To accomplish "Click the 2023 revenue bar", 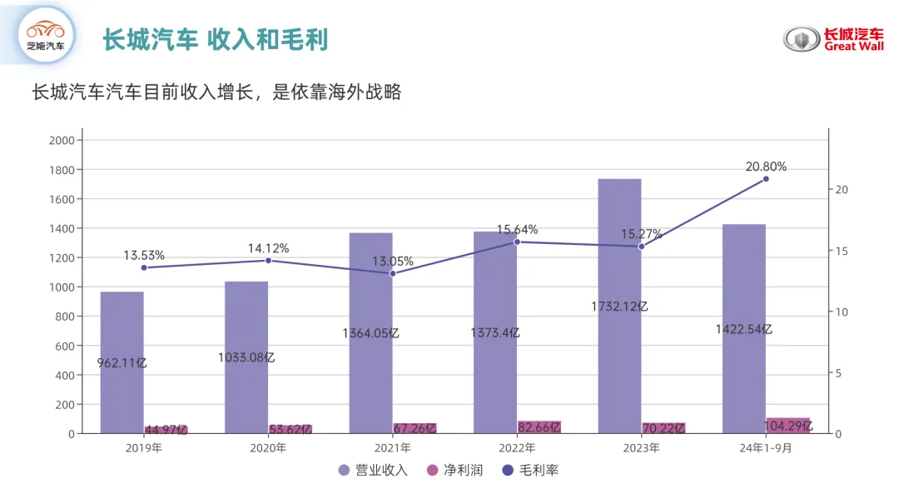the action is (x=619, y=307).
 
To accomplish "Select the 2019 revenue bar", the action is (x=122, y=362).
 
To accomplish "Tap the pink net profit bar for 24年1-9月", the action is (x=787, y=426).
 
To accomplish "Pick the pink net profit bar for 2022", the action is (x=539, y=427).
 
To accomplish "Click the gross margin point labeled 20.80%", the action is (x=766, y=179).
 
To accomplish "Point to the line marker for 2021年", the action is (x=393, y=273).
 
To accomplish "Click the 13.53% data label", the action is (x=144, y=255).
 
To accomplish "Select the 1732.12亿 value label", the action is (x=619, y=307).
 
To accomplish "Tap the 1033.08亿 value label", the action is (x=246, y=357).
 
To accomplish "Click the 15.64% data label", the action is (x=517, y=229).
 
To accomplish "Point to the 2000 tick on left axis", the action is (x=62, y=141).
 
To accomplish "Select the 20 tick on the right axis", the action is (x=842, y=189).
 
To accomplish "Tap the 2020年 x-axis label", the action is (x=268, y=448).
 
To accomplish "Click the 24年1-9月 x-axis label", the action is (x=766, y=448).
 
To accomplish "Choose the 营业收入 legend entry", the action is (x=373, y=471).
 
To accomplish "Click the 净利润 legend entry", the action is (x=455, y=471).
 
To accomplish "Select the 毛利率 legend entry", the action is (x=530, y=471).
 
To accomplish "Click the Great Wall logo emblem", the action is (x=802, y=39).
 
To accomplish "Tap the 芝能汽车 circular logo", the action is (x=46, y=36).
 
